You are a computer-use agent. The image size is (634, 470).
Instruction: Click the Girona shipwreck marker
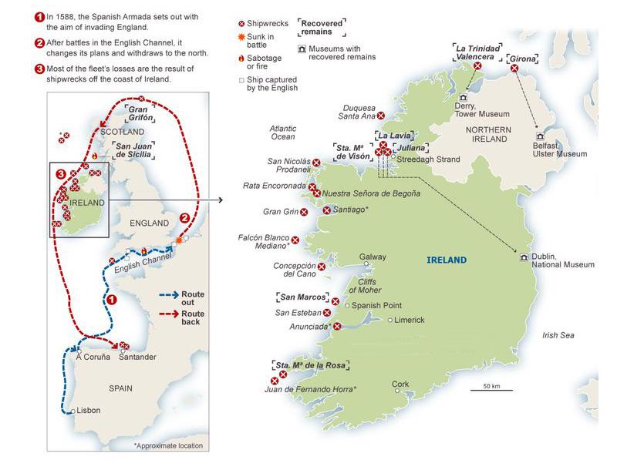tap(514, 69)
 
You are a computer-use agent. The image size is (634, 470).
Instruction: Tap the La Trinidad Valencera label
tap(477, 52)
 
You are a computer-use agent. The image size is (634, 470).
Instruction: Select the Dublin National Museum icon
tap(524, 257)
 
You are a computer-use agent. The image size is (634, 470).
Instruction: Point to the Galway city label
tap(373, 257)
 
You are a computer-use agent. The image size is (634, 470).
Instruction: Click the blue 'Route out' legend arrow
tap(167, 294)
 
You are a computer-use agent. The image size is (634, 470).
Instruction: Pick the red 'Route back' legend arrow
tap(167, 314)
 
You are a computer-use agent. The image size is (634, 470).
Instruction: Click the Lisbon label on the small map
tap(89, 410)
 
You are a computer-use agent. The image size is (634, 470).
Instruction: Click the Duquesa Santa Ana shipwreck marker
tap(380, 116)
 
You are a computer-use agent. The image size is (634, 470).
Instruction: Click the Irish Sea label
tap(559, 335)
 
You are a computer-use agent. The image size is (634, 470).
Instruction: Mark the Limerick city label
tap(409, 320)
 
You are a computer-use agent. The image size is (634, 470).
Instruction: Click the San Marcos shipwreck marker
tap(335, 301)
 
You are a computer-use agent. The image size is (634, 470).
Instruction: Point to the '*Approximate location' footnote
tap(168, 445)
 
